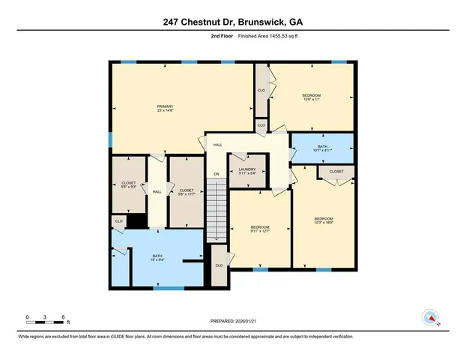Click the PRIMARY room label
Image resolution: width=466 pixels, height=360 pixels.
pyautogui.click(x=165, y=106)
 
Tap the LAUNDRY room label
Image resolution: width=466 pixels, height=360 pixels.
pyautogui.click(x=247, y=169)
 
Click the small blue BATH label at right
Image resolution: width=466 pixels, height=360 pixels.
pyautogui.click(x=322, y=146)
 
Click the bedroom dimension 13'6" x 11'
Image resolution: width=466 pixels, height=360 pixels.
pyautogui.click(x=312, y=100)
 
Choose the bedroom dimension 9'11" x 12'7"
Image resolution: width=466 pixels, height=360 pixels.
pyautogui.click(x=260, y=231)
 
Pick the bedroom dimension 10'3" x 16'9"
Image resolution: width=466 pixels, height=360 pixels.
pyautogui.click(x=324, y=223)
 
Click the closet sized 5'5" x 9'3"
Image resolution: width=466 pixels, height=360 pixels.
pyautogui.click(x=128, y=187)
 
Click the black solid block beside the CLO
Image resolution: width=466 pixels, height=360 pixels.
pyautogui.click(x=136, y=221)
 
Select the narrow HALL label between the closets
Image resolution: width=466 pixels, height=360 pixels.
pyautogui.click(x=157, y=193)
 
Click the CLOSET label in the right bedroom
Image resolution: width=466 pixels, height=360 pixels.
pyautogui.click(x=336, y=172)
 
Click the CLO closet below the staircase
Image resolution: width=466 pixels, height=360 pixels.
pyautogui.click(x=219, y=265)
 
